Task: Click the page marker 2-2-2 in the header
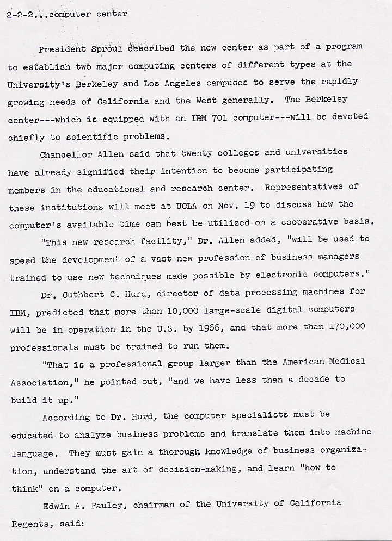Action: tap(20, 15)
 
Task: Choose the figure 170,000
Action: tap(346, 327)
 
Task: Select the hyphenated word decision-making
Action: tap(199, 469)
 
